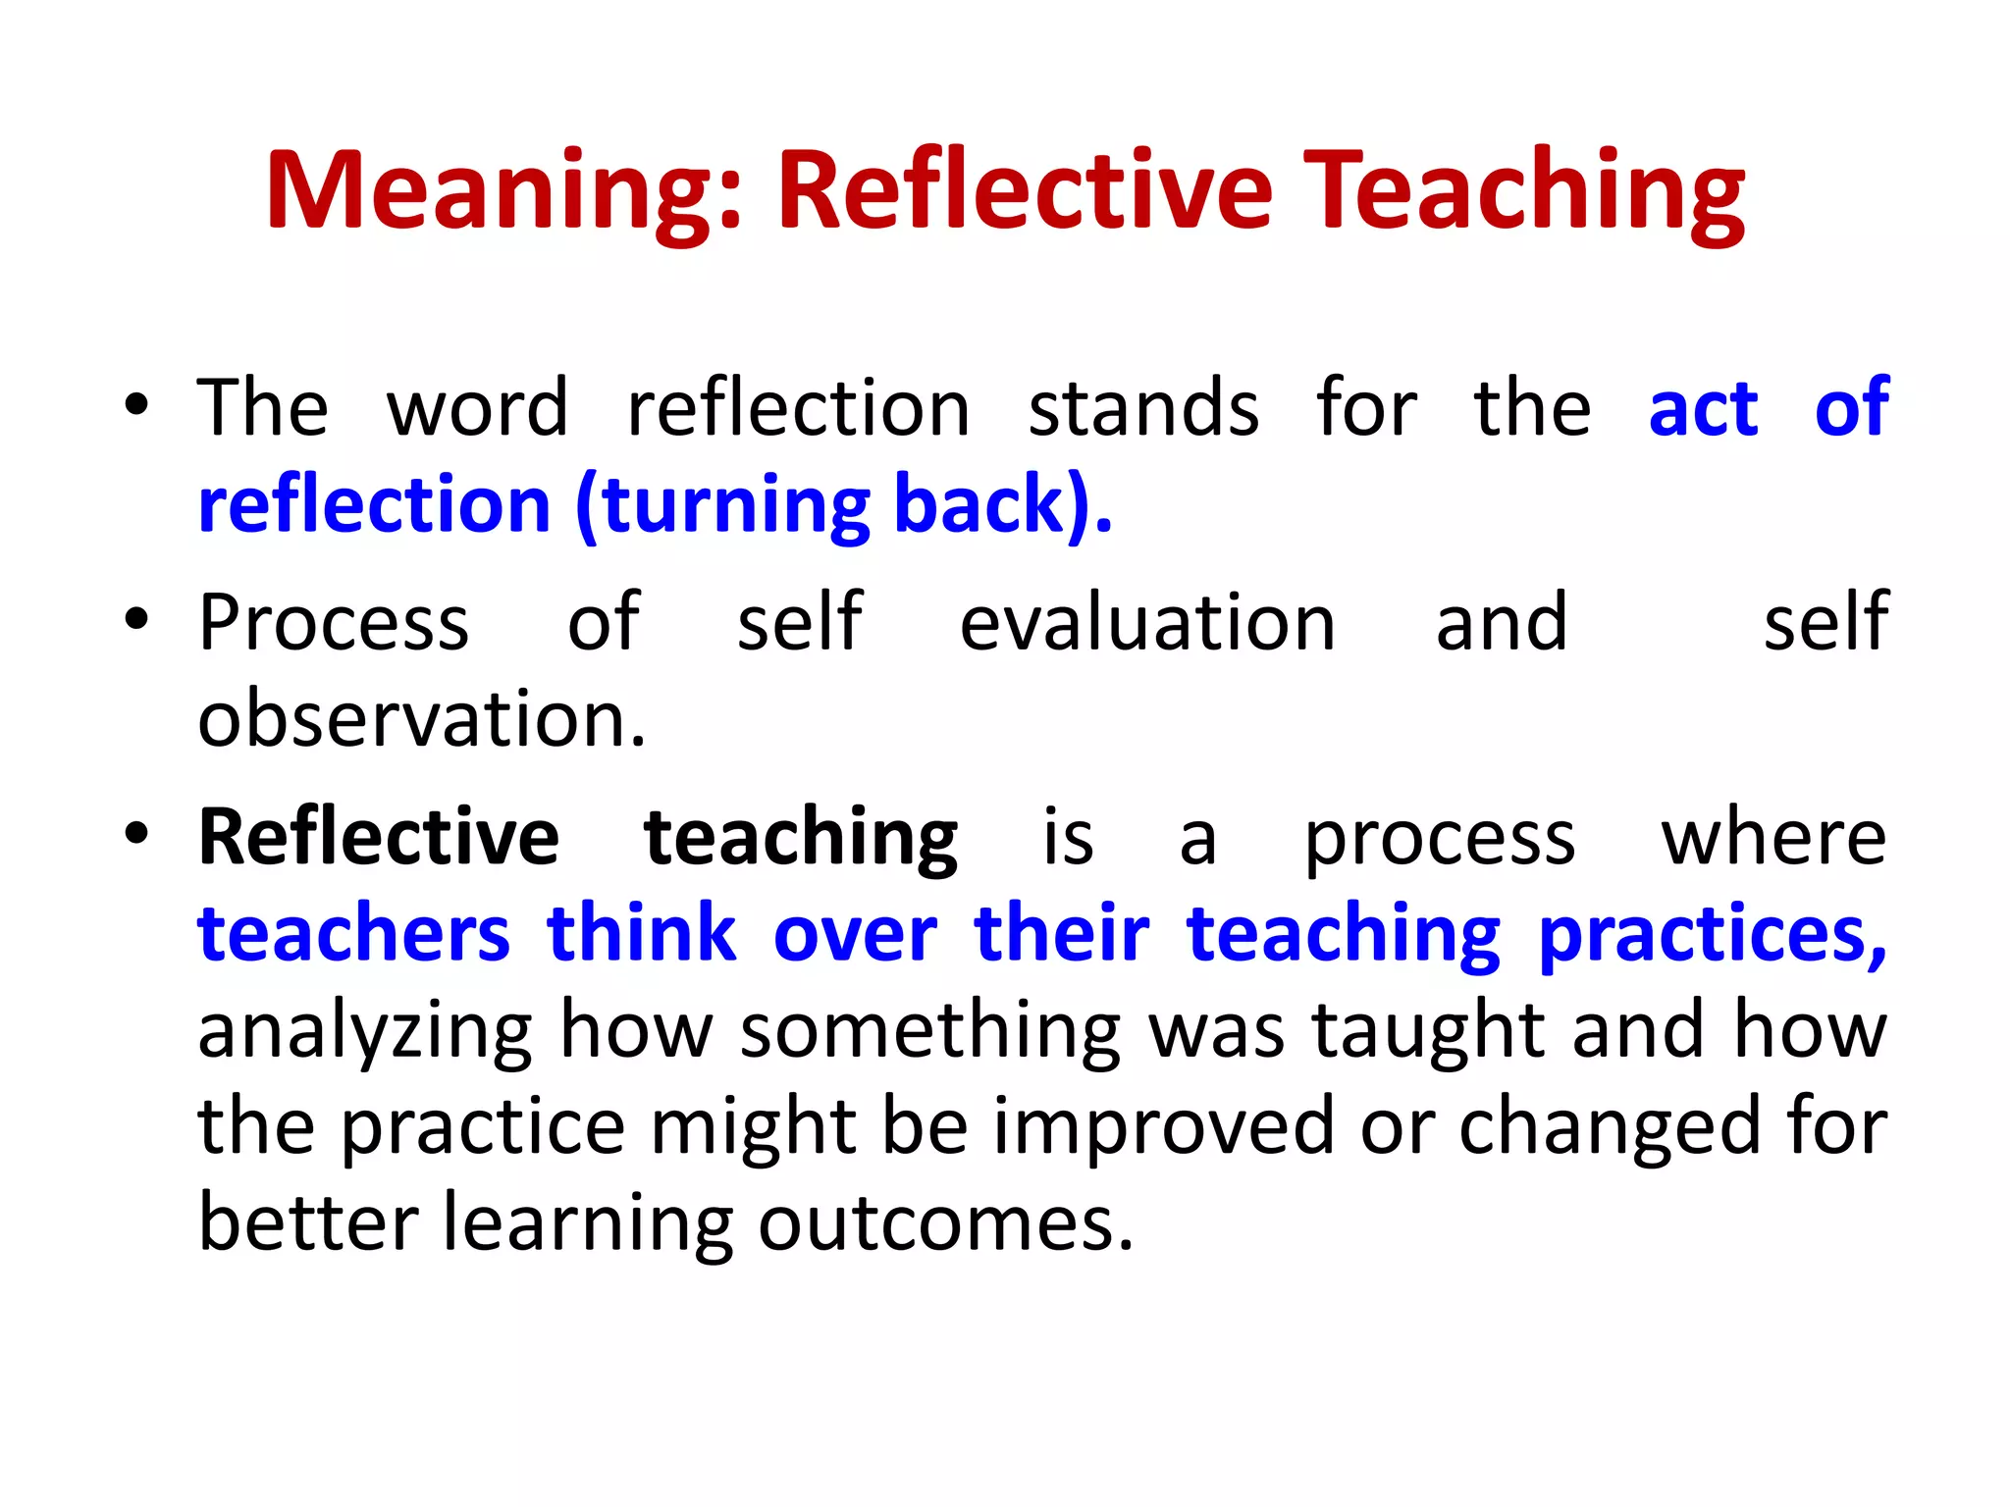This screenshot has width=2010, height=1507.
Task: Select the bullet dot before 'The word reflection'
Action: click(x=136, y=405)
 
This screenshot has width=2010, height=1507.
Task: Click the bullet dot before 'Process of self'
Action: click(x=136, y=620)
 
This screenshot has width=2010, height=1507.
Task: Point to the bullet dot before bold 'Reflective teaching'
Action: click(x=136, y=835)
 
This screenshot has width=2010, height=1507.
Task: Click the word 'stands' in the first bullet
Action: click(x=1143, y=407)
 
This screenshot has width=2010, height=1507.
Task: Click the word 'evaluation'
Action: click(x=1147, y=622)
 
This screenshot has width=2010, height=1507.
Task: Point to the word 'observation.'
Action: click(x=422, y=718)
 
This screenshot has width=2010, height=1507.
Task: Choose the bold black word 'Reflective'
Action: click(x=379, y=837)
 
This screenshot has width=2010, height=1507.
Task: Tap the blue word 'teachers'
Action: click(x=353, y=933)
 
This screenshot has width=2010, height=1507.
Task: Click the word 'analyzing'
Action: click(x=365, y=1032)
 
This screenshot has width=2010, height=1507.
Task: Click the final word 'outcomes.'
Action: click(x=945, y=1223)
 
